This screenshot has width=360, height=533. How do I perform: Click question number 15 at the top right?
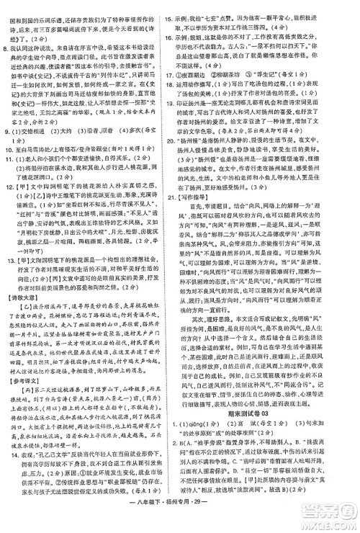click(190, 5)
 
